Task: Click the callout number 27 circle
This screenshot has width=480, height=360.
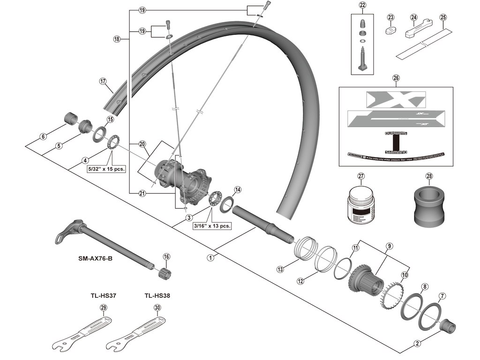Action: point(361,176)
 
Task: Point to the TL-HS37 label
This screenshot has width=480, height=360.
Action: point(104,296)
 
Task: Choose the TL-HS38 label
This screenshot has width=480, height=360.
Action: point(157,296)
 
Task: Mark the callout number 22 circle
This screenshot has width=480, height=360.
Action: point(362,5)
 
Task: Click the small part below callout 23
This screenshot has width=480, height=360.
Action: point(390,30)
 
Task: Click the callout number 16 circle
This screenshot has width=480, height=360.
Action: point(166,256)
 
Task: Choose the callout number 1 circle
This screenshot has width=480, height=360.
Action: point(211,257)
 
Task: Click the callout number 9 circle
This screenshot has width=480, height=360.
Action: point(389,245)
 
